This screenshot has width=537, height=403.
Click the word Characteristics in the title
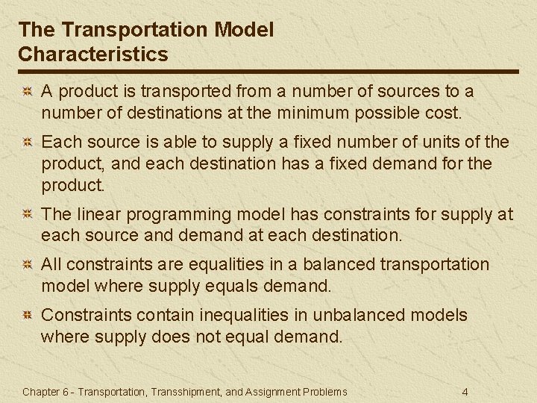pos(93,54)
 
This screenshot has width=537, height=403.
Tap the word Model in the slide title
pos(244,30)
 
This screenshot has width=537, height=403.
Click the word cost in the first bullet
pos(443,113)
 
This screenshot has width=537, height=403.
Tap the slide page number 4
pos(465,392)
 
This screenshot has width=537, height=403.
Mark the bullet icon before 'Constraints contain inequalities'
pos(26,316)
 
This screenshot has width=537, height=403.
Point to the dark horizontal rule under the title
pos(268,72)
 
